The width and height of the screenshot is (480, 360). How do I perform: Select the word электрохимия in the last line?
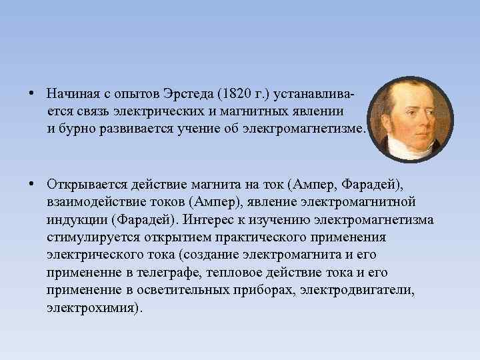92,309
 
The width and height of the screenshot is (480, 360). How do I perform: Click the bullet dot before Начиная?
32,91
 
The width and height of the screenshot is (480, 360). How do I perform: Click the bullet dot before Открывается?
32,183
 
